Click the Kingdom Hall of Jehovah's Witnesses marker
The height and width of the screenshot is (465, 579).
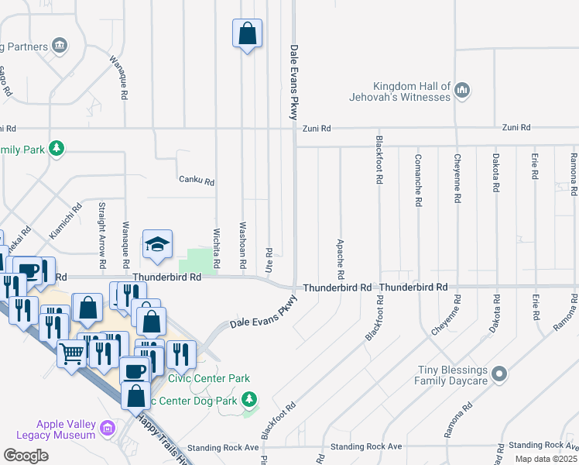(462, 90)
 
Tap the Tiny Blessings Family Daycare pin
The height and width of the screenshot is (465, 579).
(499, 375)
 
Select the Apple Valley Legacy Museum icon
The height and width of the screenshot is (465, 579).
(107, 429)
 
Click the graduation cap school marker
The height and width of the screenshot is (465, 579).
(157, 245)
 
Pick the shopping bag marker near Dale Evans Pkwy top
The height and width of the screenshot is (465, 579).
(247, 33)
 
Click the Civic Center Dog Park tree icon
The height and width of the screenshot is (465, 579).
(249, 399)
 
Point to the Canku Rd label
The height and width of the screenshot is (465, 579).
(196, 181)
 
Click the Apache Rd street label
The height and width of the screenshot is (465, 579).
(340, 259)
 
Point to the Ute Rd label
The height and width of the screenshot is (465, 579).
(269, 258)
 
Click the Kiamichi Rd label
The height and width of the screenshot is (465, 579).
(66, 220)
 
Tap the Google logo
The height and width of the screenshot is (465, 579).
(26, 456)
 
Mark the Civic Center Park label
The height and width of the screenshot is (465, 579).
(210, 378)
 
